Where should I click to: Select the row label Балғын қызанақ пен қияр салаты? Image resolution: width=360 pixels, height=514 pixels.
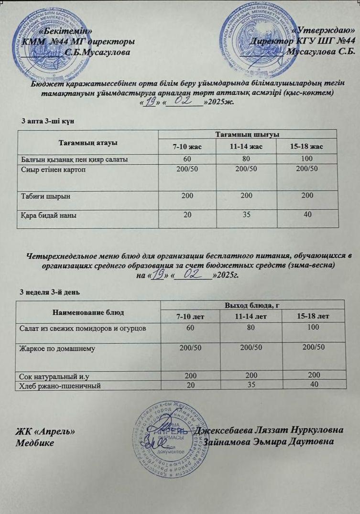pyautogui.click(x=74, y=159)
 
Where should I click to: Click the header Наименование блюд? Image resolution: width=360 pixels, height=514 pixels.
pyautogui.click(x=88, y=312)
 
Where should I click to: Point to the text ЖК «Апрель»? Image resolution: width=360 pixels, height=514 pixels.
pyautogui.click(x=45, y=430)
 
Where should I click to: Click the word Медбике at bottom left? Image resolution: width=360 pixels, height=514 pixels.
pyautogui.click(x=35, y=442)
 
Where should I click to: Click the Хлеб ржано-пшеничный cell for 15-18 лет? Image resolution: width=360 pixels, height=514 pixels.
pyautogui.click(x=314, y=385)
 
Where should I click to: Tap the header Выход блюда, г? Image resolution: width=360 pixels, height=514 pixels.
pyautogui.click(x=251, y=304)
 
